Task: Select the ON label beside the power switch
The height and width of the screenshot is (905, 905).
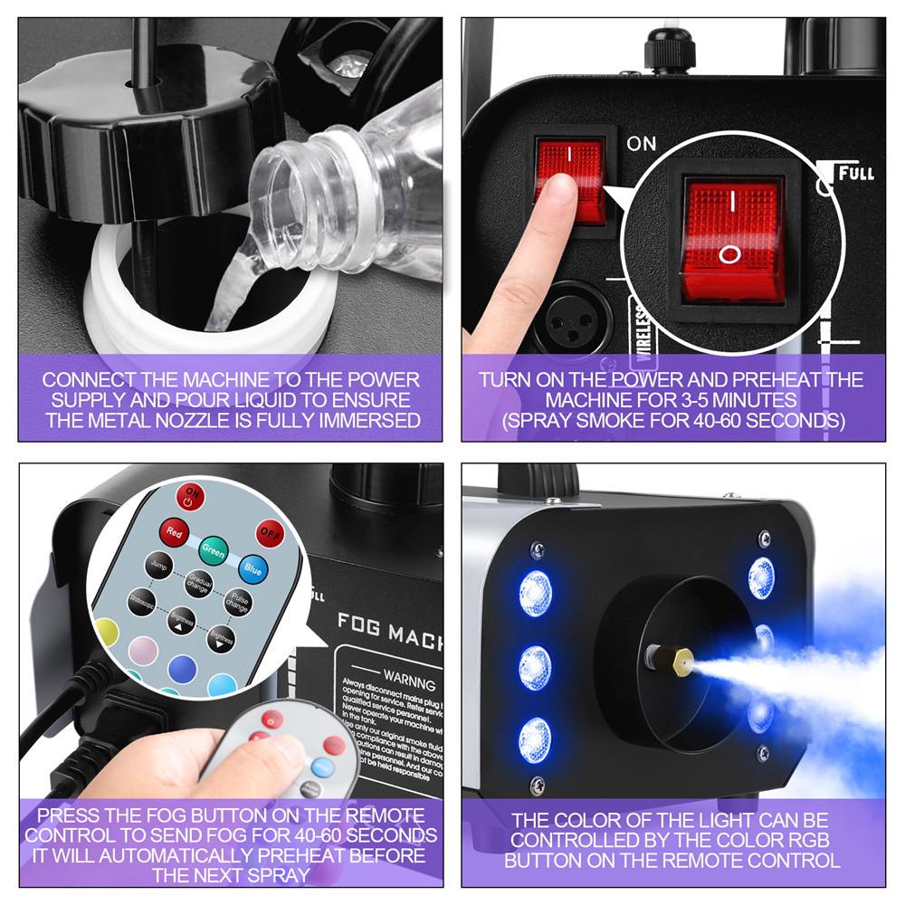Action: tap(642, 143)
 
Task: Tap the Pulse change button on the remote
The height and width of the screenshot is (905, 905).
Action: tap(239, 604)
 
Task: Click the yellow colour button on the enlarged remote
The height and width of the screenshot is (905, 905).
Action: tap(106, 633)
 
